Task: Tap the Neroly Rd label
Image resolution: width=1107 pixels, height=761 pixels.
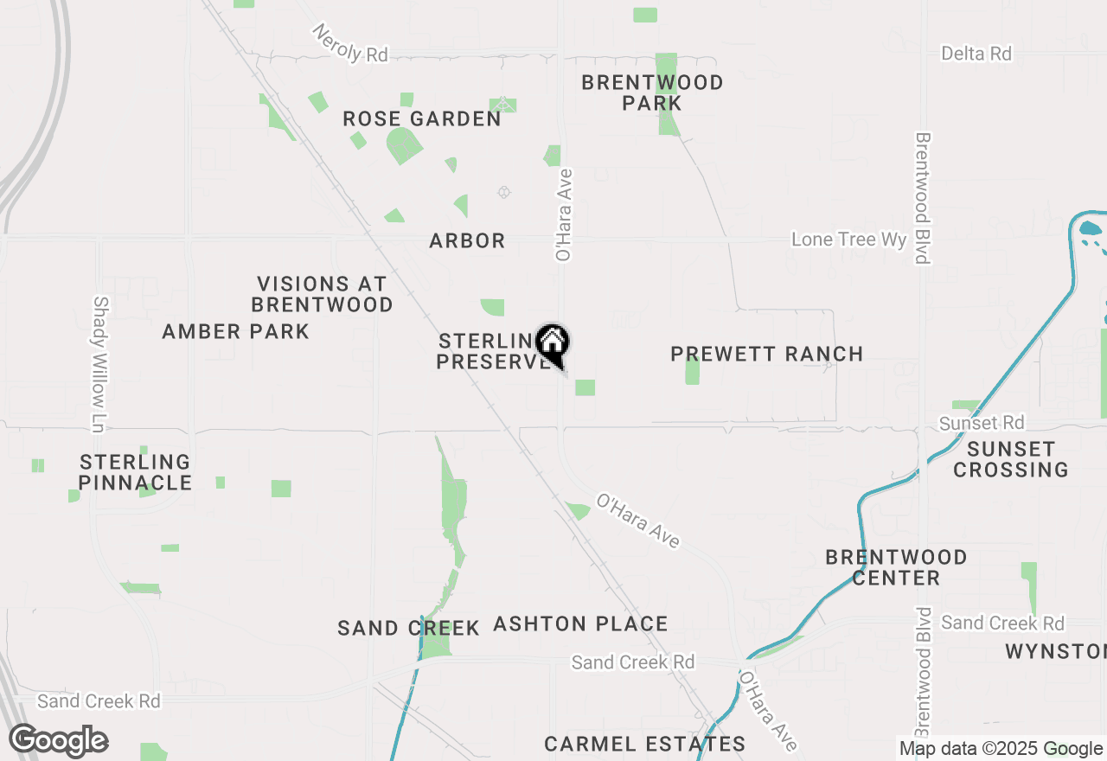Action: coord(350,43)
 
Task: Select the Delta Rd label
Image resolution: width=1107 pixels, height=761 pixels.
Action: coord(976,54)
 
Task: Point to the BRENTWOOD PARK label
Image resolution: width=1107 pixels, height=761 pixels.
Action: coord(652,93)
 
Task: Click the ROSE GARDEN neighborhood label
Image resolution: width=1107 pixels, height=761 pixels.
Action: coord(421,118)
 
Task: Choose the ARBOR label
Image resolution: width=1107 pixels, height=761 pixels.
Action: coord(467,240)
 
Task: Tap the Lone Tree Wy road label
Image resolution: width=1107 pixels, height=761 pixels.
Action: coord(848,240)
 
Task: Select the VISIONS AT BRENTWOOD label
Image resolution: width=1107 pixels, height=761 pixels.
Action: coord(322,294)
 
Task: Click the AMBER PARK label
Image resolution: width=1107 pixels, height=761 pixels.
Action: coord(235,331)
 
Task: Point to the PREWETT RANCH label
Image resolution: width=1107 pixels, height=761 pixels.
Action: coord(766,354)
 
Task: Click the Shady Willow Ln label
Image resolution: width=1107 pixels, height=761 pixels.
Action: coord(101,364)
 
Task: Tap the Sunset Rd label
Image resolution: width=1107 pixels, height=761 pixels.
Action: coord(982,423)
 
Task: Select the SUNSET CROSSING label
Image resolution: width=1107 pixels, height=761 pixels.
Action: coord(1010,459)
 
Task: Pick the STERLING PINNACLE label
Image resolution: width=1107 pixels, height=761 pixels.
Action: coord(136,472)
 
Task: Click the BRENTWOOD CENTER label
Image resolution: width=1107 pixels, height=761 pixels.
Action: coord(895,567)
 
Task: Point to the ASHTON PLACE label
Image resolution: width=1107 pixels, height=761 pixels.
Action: coord(580,624)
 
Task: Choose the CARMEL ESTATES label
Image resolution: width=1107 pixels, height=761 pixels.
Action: coord(644,744)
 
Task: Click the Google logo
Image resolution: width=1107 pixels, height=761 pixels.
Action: coord(58,741)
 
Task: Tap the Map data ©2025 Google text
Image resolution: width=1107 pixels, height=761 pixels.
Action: coord(1001,749)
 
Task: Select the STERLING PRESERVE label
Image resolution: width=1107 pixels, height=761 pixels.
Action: coord(490,351)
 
